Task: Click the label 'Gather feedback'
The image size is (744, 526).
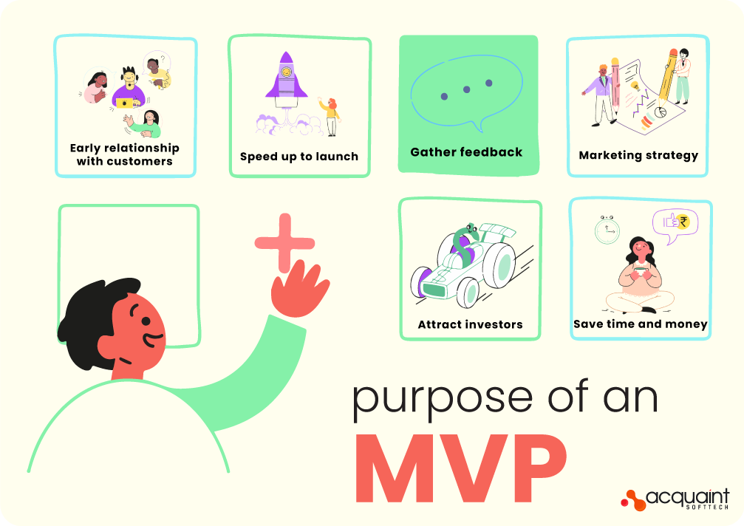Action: [466, 152]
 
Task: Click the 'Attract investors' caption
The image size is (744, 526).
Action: [470, 324]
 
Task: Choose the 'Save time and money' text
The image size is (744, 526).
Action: [641, 324]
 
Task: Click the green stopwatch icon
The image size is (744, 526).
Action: [607, 230]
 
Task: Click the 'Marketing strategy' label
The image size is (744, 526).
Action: [638, 155]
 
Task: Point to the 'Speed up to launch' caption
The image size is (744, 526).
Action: [299, 157]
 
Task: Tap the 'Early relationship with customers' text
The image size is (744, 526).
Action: [125, 154]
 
